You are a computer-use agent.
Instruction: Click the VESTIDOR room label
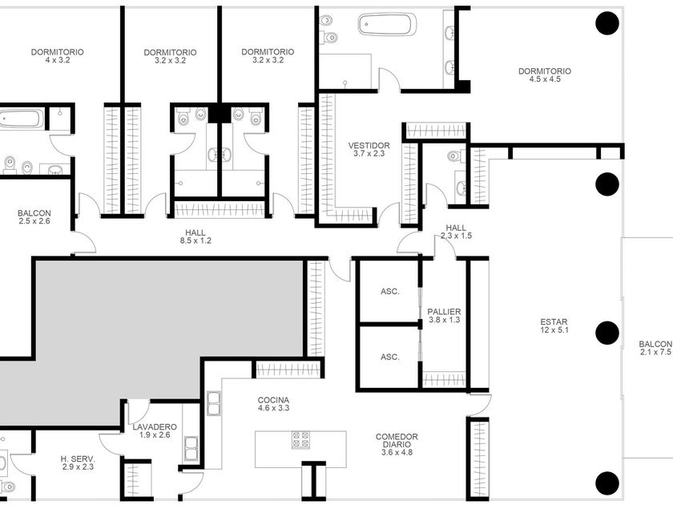369,149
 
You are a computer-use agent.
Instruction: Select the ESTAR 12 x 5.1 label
554,326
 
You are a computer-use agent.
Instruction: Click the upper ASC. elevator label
389,292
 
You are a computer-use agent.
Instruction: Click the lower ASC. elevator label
389,358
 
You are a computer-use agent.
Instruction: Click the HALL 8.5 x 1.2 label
195,236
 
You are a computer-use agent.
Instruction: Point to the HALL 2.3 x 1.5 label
456,232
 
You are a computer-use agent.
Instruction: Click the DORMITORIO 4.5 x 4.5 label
545,75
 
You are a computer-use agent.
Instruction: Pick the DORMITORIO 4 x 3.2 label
57,56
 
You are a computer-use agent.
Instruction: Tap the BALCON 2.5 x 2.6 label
34,217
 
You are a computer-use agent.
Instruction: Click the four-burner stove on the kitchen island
300,440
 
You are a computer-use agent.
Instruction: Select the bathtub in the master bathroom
387,25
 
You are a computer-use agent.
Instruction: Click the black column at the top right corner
607,22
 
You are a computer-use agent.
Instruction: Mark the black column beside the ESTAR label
607,333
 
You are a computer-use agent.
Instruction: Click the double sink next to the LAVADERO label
191,449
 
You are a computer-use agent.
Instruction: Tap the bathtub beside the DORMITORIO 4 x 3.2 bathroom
22,118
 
